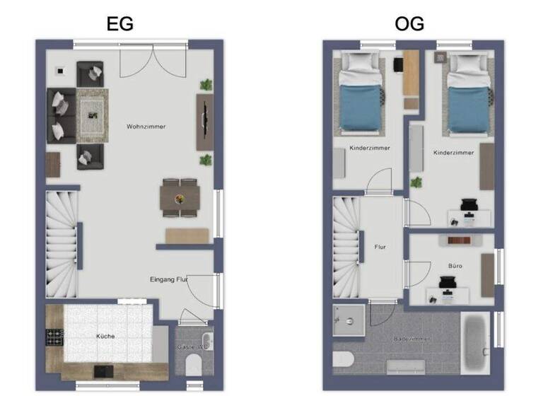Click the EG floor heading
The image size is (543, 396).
tap(119, 23)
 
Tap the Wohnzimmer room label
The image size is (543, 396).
tap(146, 127)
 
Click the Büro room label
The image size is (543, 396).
tap(455, 266)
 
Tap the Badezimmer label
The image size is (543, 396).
tap(413, 339)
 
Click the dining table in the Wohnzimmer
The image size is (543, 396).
tap(180, 197)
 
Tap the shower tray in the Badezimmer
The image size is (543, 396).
tap(349, 320)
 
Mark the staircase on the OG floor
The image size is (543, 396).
tap(346, 247)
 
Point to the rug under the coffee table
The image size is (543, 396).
tap(92, 112)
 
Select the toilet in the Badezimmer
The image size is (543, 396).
tap(343, 359)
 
